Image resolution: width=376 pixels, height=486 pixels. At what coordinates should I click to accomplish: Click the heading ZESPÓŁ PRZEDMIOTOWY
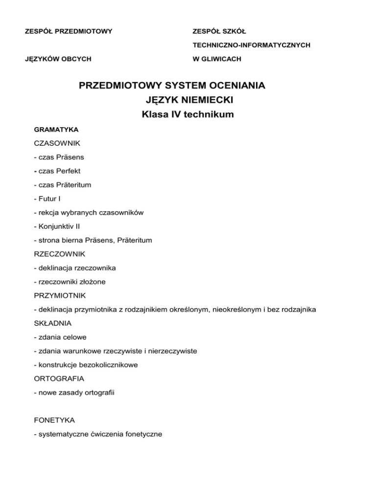[69, 32]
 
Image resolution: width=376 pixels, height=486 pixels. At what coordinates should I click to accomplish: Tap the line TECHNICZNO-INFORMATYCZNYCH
[252, 45]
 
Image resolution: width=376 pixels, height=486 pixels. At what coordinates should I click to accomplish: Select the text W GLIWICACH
[217, 59]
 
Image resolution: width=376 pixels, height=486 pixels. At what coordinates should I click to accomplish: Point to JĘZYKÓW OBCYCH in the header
[58, 59]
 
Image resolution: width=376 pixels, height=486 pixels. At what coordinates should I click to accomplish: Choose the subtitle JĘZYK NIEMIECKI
[188, 101]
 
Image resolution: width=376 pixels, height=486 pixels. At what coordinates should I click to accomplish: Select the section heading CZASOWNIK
[57, 144]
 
